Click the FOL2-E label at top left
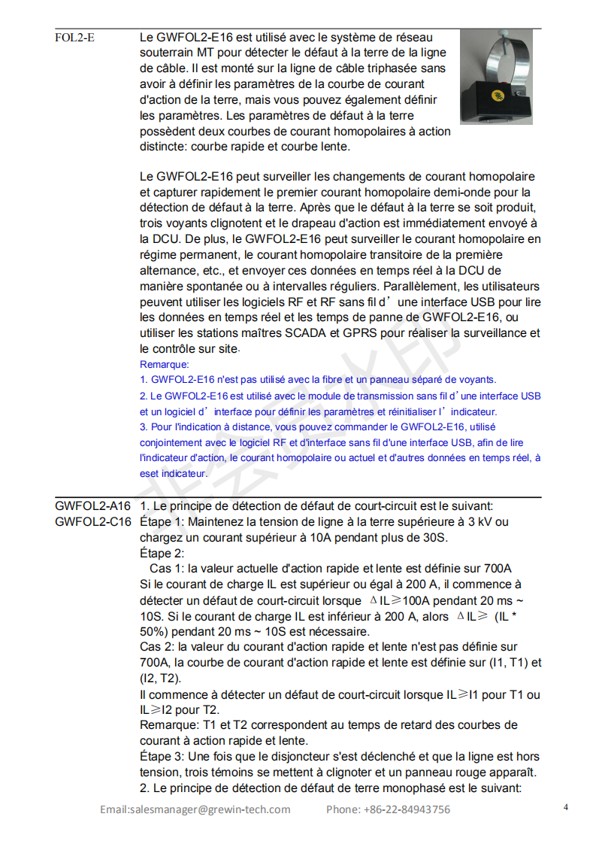click(74, 37)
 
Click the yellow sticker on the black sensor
click(497, 96)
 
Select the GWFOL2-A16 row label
click(92, 505)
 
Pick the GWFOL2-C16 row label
click(92, 521)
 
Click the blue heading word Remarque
click(165, 364)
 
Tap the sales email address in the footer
click(195, 809)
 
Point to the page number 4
click(565, 807)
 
